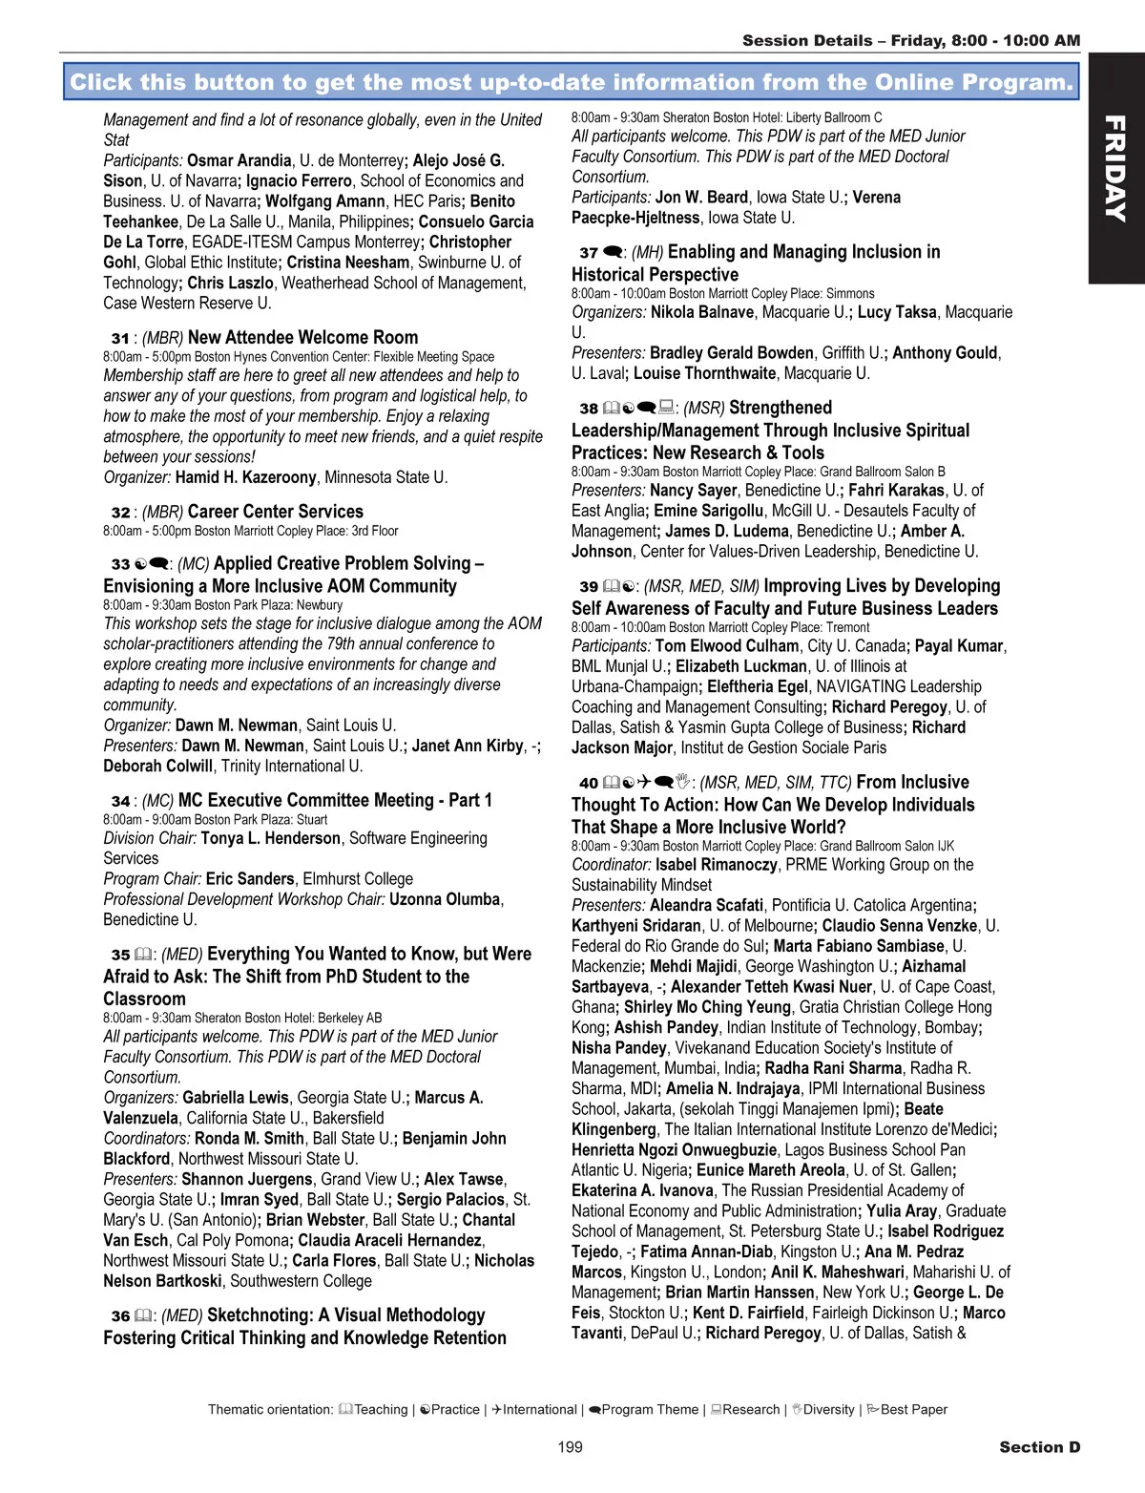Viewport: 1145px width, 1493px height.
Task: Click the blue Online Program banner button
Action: (x=571, y=82)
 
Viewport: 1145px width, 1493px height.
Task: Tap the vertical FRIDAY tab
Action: (x=1115, y=168)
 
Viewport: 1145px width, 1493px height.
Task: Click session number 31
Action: (x=119, y=338)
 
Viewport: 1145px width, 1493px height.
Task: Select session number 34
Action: (x=119, y=802)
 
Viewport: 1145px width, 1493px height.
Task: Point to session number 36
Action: (x=119, y=1316)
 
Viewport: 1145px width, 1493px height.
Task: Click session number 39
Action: (x=588, y=587)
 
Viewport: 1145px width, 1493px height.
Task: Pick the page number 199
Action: (x=570, y=1447)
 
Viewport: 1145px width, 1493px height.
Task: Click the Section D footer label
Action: (x=1039, y=1447)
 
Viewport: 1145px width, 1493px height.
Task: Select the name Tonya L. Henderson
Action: (x=270, y=838)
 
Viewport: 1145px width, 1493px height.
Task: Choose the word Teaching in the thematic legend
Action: (x=381, y=1410)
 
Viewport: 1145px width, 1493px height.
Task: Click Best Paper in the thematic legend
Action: (x=913, y=1410)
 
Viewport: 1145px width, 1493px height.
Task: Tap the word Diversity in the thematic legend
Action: (x=828, y=1410)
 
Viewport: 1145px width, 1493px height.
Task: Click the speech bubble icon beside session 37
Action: (x=614, y=253)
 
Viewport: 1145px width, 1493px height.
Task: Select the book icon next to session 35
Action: (x=143, y=955)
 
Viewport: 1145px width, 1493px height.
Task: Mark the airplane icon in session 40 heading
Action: (x=644, y=783)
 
